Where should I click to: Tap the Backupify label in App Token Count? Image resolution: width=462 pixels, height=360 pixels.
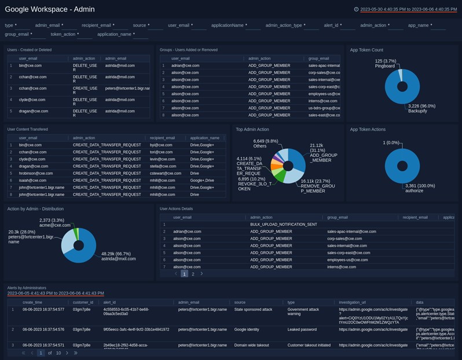point(421,109)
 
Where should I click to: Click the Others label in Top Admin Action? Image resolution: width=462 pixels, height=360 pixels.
point(260,146)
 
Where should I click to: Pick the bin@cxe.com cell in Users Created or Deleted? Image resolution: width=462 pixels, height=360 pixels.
point(30,66)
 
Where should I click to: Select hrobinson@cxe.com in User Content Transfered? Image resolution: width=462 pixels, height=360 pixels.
point(36,173)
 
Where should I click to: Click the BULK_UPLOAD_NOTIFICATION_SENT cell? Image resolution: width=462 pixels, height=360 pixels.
point(283,224)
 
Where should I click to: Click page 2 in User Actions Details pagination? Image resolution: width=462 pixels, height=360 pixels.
point(193,274)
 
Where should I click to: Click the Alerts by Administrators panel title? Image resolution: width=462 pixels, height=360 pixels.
point(27,288)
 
